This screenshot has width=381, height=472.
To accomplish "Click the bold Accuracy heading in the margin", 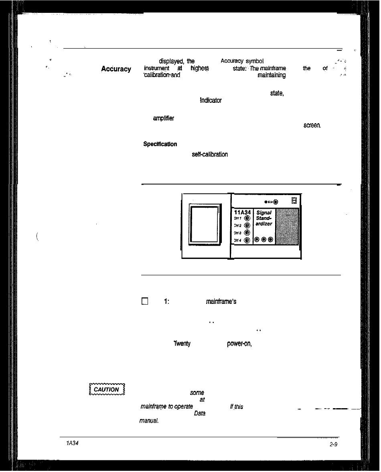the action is (x=116, y=69).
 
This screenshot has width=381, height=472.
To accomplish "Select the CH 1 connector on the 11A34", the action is (x=247, y=218).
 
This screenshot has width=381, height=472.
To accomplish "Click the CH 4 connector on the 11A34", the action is (x=247, y=240).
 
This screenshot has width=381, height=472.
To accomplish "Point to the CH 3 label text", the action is (x=237, y=233).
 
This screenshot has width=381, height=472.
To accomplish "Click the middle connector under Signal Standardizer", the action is (x=263, y=240).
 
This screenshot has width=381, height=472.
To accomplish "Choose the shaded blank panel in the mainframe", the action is (x=288, y=226).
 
